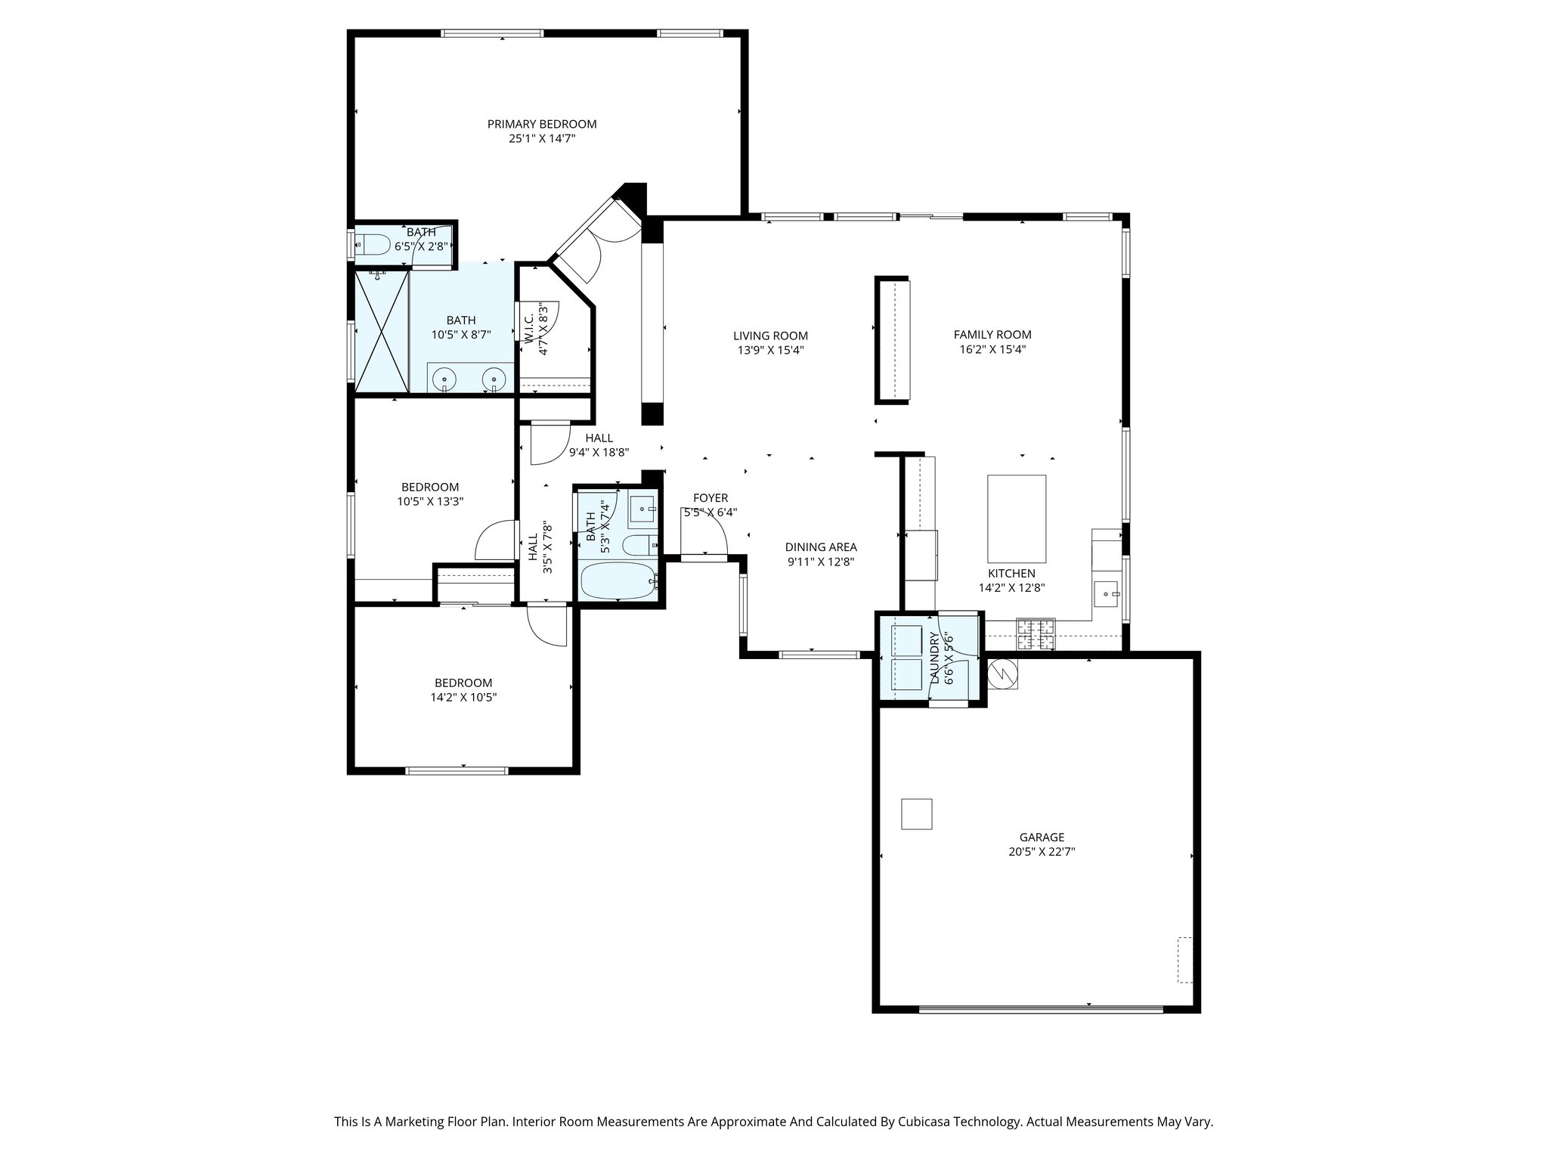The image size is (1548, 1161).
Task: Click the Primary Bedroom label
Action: tap(541, 124)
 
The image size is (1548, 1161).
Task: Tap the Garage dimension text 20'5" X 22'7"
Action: tap(1042, 851)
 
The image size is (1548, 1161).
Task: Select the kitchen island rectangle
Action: tap(1017, 519)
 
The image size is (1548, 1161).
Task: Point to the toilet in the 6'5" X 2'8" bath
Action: tap(373, 244)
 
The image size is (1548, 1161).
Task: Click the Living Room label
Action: tap(770, 336)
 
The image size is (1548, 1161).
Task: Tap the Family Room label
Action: tap(992, 334)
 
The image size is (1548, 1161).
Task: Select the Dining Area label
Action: tap(820, 547)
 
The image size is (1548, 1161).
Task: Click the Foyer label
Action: tap(711, 497)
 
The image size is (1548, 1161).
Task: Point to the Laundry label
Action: tap(934, 658)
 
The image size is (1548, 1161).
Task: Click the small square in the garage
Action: tap(916, 814)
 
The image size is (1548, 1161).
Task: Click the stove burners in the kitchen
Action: tap(1036, 634)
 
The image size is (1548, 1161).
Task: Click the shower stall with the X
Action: tap(382, 331)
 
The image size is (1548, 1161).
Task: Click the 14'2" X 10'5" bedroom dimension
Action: tap(463, 698)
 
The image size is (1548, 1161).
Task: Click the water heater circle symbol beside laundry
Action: tap(1003, 671)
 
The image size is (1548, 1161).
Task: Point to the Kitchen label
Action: tap(1011, 573)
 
